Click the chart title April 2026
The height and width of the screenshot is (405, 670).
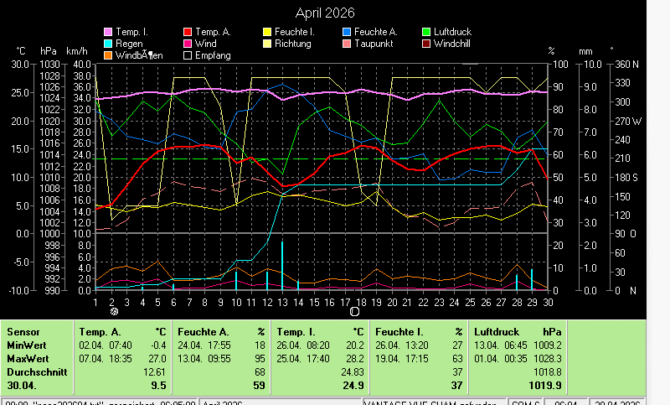pos(325,13)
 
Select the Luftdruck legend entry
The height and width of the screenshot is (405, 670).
pos(451,31)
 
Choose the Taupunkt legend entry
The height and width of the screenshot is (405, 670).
pos(373,43)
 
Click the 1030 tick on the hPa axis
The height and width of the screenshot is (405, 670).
pos(50,64)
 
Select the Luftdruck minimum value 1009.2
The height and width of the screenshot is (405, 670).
pos(549,345)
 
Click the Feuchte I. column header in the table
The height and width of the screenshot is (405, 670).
pos(399,331)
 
